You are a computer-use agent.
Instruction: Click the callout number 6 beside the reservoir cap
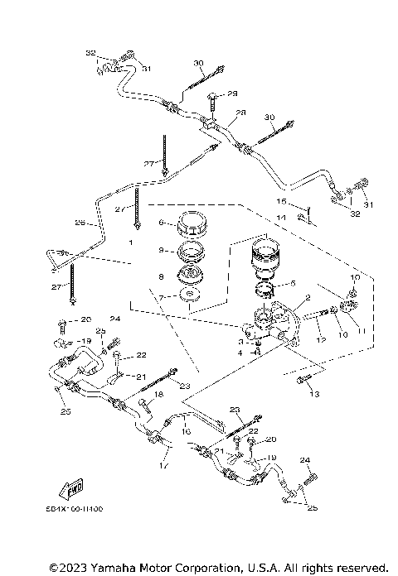(x=163, y=222)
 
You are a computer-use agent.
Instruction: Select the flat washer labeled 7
(x=190, y=297)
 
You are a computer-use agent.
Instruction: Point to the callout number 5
(x=293, y=284)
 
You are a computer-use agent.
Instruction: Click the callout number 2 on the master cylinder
(x=307, y=297)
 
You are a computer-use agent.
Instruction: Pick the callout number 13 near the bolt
(x=314, y=395)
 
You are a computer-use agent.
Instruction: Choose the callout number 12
(x=321, y=340)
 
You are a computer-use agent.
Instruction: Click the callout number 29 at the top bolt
(x=232, y=94)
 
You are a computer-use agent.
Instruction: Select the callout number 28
(x=240, y=113)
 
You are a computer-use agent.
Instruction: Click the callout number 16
(x=186, y=431)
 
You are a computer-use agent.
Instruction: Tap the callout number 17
(x=163, y=466)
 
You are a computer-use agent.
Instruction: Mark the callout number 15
(x=281, y=201)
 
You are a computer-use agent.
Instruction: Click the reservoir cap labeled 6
(x=190, y=224)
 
